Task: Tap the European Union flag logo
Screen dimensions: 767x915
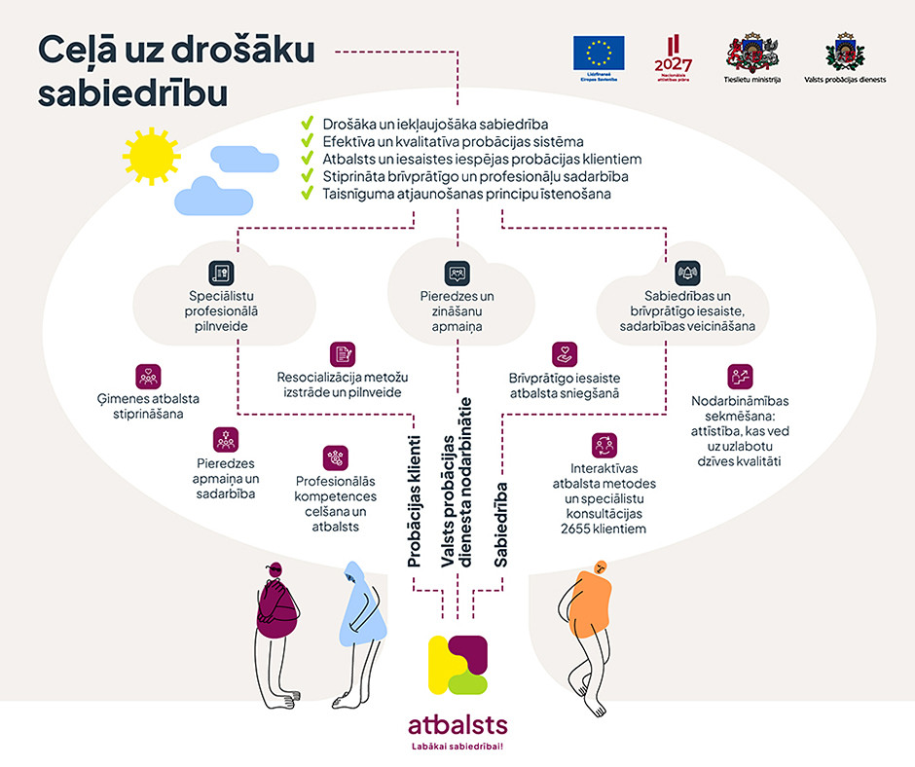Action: tap(599, 53)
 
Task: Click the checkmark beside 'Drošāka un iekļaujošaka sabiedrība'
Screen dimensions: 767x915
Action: tap(307, 125)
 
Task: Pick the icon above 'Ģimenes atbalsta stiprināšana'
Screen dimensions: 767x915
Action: tap(149, 377)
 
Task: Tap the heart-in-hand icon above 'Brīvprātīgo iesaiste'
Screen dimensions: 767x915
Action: tap(565, 354)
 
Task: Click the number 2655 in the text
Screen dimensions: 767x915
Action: tap(576, 530)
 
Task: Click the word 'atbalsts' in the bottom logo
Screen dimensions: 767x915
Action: tap(457, 726)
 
